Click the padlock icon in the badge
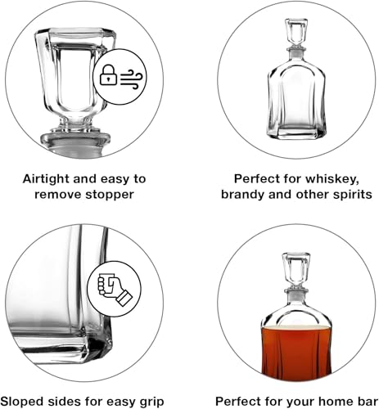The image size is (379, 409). (x=108, y=76)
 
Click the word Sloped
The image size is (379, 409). (x=30, y=400)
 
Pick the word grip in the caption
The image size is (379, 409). (x=147, y=400)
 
